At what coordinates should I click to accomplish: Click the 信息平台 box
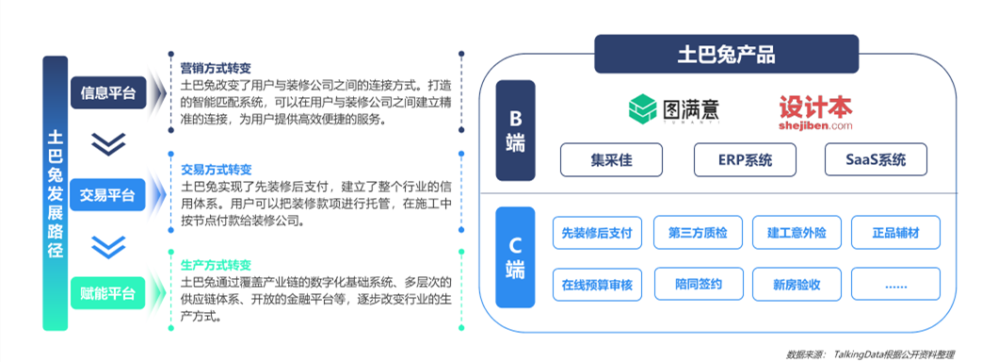pos(107,93)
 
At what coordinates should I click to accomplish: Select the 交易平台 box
pos(107,195)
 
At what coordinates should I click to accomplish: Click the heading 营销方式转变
pos(216,69)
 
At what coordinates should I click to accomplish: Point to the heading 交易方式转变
pos(216,170)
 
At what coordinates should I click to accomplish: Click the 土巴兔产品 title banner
pos(726,53)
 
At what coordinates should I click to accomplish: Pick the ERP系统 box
pos(745,159)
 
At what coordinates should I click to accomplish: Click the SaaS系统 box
pos(876,159)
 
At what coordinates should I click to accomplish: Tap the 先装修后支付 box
pos(595,232)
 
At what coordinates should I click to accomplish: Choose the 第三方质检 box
pos(698,232)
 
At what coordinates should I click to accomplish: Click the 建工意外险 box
pos(797,232)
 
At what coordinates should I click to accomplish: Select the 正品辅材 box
pos(896,232)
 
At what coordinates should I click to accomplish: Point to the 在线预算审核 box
pos(595,284)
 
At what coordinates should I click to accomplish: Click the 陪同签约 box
pos(698,284)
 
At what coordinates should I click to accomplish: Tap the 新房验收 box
pos(797,284)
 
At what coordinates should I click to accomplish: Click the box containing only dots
pos(896,284)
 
